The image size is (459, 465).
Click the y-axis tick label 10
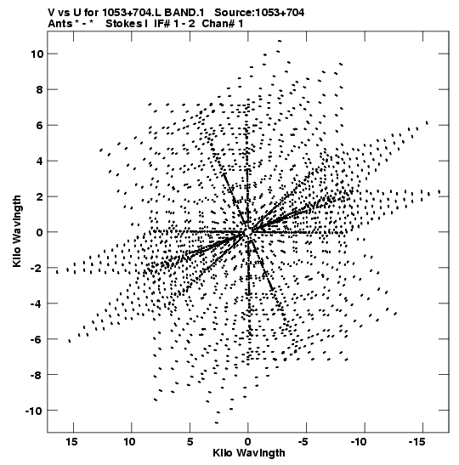(x=37, y=54)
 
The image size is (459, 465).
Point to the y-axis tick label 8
(x=40, y=89)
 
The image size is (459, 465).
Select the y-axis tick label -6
(x=37, y=339)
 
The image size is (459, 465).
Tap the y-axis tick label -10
(x=34, y=411)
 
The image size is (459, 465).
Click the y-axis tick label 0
(x=40, y=232)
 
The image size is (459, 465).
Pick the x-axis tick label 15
(x=72, y=442)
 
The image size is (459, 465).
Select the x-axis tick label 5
(x=190, y=442)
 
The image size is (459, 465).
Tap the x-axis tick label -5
(x=303, y=442)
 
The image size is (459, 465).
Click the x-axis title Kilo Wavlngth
(x=249, y=453)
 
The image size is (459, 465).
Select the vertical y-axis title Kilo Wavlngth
(x=17, y=231)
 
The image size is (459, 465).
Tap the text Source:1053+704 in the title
(x=259, y=13)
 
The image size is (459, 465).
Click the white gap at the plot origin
(x=248, y=232)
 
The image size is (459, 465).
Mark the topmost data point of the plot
(x=280, y=41)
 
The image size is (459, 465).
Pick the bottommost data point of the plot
(x=217, y=422)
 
